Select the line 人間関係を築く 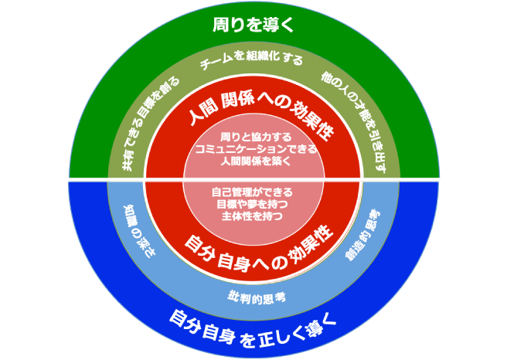click(252, 161)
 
